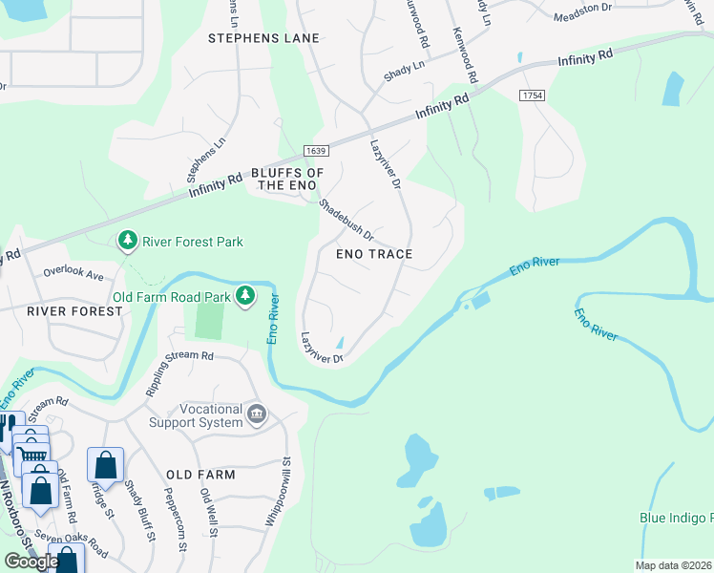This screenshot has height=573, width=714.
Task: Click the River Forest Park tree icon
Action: (128, 241)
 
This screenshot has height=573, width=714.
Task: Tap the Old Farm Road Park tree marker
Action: (245, 296)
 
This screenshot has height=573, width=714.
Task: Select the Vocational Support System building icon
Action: (257, 414)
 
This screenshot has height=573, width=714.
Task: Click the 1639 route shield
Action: (317, 152)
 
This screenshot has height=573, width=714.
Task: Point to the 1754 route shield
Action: (532, 95)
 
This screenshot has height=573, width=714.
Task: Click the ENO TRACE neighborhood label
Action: (374, 254)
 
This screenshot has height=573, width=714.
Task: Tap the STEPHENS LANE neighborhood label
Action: (263, 38)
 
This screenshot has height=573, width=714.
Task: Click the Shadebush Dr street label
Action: (345, 220)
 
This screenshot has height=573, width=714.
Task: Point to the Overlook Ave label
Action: (73, 273)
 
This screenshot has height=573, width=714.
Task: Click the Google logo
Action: (31, 561)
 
